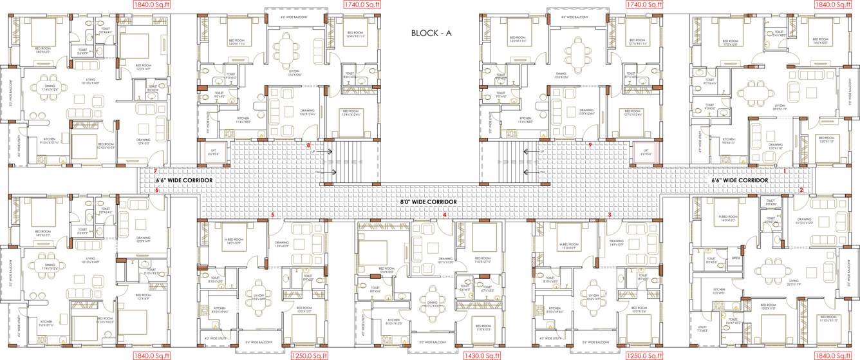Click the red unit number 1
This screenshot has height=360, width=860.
(x=785, y=171)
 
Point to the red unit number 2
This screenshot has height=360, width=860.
(x=801, y=190)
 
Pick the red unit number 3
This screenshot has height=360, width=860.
(x=610, y=214)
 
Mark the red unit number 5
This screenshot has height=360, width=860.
(x=273, y=214)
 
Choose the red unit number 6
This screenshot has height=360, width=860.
(x=156, y=191)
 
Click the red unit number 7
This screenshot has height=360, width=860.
(x=155, y=171)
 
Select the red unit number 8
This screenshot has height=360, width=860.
(x=308, y=146)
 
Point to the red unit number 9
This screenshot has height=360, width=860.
(x=590, y=146)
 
